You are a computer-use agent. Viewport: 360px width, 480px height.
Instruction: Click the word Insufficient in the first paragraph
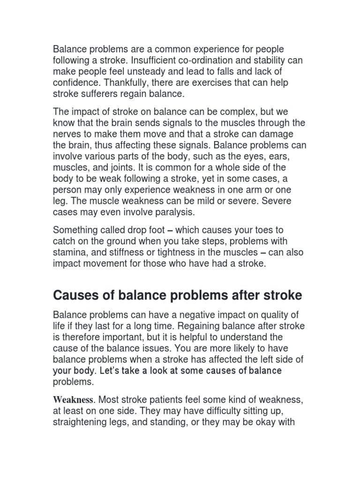click(x=155, y=61)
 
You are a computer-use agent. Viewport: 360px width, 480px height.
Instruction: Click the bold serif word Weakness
click(x=74, y=400)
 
